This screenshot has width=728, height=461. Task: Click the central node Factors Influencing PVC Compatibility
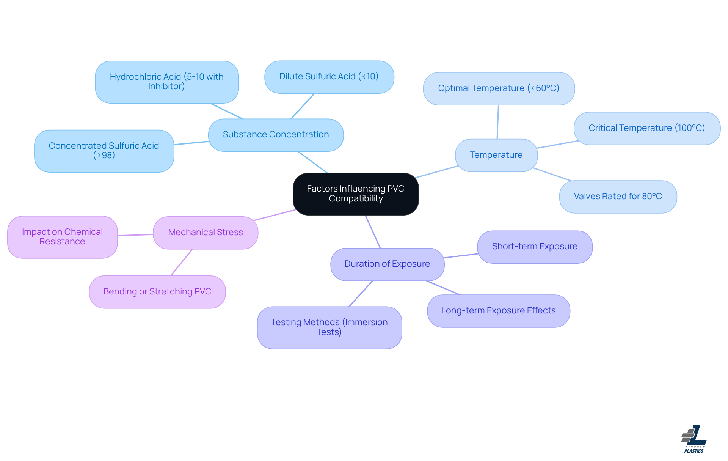point(356,194)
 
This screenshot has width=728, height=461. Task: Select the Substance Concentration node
point(276,135)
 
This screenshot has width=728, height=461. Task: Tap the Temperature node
point(496,155)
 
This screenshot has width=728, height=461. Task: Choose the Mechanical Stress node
point(206,233)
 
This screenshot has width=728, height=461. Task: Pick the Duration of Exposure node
point(387,264)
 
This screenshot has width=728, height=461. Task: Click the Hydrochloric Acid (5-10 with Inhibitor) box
point(167,82)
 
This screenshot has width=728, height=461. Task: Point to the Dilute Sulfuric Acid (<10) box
point(329,77)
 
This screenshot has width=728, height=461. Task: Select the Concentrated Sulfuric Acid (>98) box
point(104,151)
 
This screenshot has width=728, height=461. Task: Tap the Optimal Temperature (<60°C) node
point(499,89)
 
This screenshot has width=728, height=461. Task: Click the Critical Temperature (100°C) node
point(647,128)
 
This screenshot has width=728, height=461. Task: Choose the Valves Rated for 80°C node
point(618,197)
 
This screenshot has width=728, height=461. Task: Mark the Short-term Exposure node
point(535,247)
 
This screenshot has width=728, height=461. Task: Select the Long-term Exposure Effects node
point(498,311)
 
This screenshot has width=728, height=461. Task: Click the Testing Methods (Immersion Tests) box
point(329,327)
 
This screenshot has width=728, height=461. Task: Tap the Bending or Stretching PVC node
point(157,292)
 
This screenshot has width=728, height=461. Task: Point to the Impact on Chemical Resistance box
point(63,237)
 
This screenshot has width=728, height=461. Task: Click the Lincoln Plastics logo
point(694,439)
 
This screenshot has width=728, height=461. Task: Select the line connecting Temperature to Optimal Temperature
point(498,122)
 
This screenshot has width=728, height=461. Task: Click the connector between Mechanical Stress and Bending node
point(182,263)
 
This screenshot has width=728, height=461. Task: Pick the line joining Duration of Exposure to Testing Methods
point(361,294)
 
